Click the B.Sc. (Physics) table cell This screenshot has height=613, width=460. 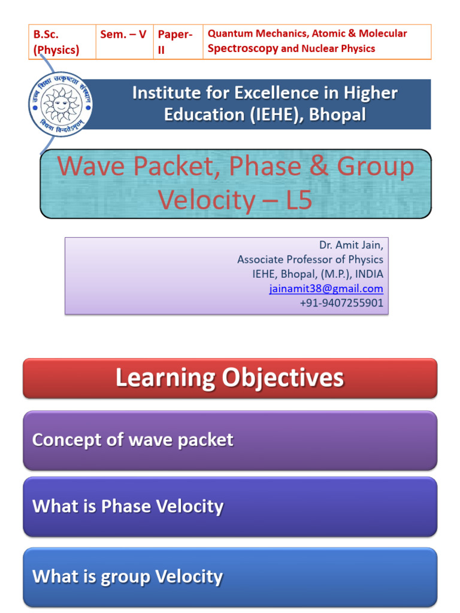[x=62, y=42]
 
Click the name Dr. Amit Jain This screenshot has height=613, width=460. [x=351, y=245]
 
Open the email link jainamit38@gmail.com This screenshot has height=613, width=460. [x=326, y=289]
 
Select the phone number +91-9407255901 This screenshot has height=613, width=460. [x=341, y=303]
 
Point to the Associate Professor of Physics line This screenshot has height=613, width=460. [x=310, y=259]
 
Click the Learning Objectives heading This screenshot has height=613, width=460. [x=230, y=378]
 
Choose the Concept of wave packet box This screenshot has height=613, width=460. [x=230, y=440]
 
